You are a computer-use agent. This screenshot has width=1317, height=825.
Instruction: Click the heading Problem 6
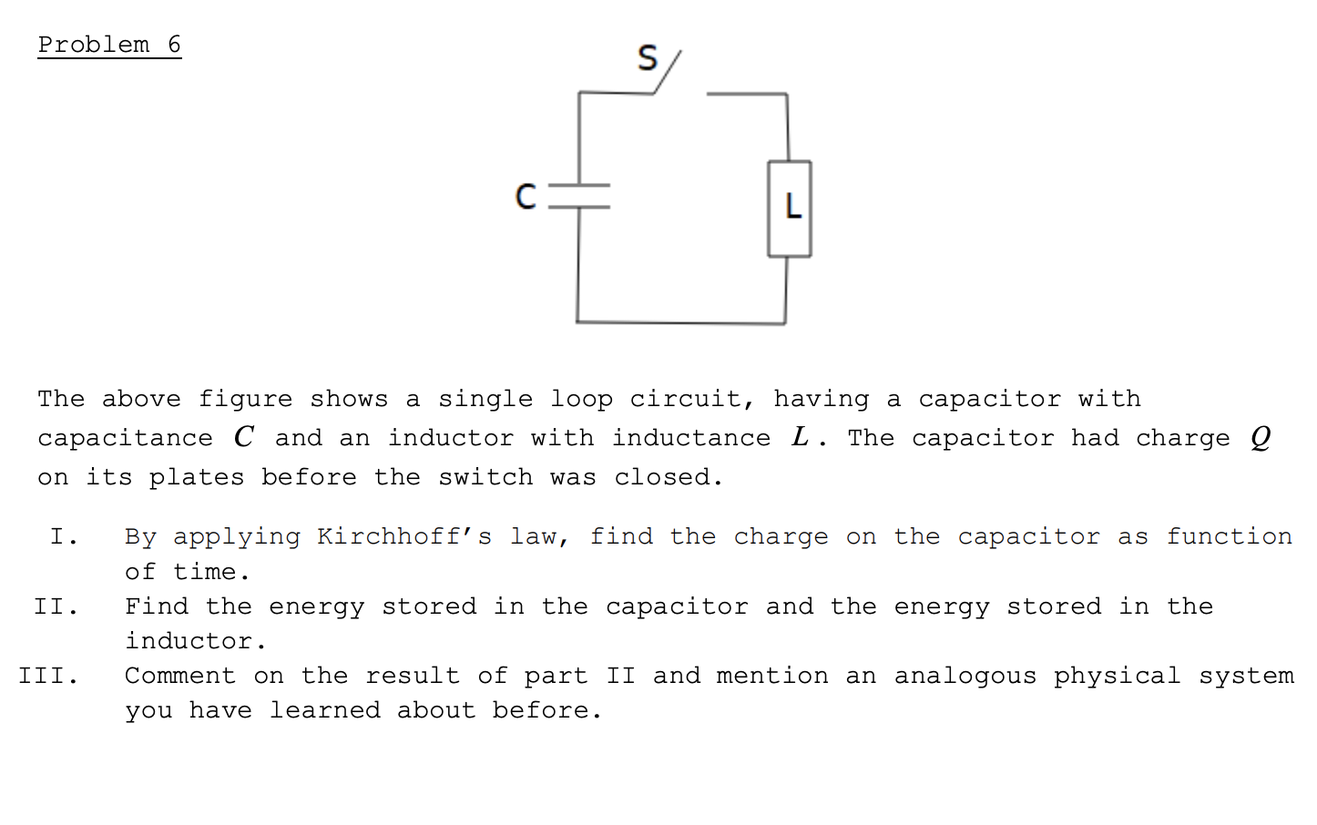[109, 45]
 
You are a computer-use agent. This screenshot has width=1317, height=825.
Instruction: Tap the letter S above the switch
[648, 58]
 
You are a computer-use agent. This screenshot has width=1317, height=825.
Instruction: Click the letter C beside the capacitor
[526, 196]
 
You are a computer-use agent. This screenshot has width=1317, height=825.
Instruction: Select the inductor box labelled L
[790, 209]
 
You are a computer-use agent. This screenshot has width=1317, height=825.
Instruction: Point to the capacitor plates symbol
[579, 196]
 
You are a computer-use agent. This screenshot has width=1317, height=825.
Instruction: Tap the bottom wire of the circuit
[681, 322]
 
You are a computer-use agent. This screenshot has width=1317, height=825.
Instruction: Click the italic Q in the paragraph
[1261, 438]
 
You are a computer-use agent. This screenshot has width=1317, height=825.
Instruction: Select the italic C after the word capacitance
[243, 437]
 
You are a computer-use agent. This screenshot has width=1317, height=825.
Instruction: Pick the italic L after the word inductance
[800, 437]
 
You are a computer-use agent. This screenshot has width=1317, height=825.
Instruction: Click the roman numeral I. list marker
[64, 536]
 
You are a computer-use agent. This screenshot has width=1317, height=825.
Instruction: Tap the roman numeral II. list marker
[56, 606]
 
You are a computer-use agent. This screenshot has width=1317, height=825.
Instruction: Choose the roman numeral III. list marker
[48, 676]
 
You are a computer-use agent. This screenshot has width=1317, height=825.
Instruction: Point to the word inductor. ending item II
[196, 641]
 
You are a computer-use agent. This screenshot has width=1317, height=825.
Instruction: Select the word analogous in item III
[965, 676]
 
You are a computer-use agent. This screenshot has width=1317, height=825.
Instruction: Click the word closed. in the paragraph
[669, 477]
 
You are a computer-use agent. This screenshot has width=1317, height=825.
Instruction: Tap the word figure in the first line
[245, 399]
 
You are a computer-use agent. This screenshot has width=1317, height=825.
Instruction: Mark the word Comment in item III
[180, 676]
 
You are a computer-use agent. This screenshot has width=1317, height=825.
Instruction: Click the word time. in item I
[211, 572]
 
